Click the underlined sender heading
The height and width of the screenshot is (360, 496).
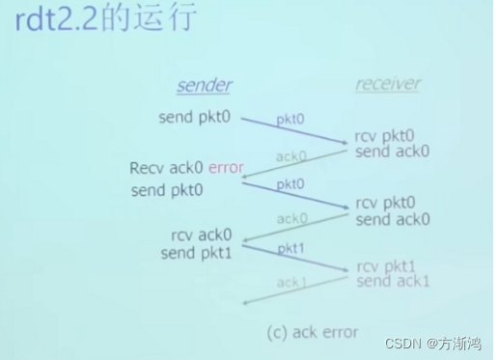click(x=204, y=86)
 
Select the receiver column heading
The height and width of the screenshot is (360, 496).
click(x=387, y=84)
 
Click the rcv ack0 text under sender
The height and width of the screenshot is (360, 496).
click(x=201, y=235)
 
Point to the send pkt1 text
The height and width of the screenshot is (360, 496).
click(x=196, y=253)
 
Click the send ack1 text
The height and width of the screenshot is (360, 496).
click(x=393, y=282)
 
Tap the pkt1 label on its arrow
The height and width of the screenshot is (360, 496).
click(x=290, y=249)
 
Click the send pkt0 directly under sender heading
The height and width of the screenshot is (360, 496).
click(x=195, y=118)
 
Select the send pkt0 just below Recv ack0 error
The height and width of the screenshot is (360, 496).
click(x=168, y=190)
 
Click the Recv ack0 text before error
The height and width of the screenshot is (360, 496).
click(x=166, y=168)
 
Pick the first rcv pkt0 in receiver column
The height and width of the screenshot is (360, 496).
click(x=384, y=135)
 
